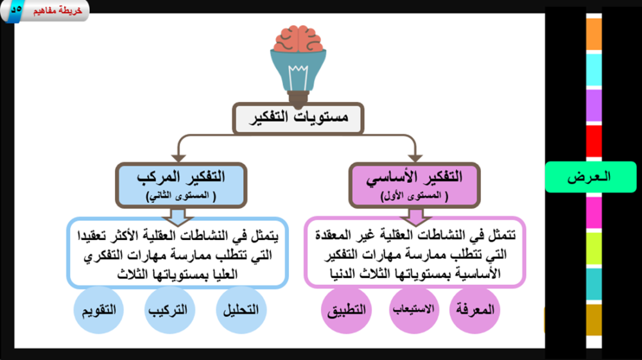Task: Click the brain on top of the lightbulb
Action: coord(298,39)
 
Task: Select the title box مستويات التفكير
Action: coord(298,118)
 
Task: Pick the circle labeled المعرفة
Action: coord(474,310)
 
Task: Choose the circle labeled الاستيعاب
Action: coord(413,310)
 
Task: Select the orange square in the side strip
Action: coord(594,34)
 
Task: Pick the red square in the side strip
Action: coord(594,141)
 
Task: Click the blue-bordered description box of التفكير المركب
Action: coord(178,252)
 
